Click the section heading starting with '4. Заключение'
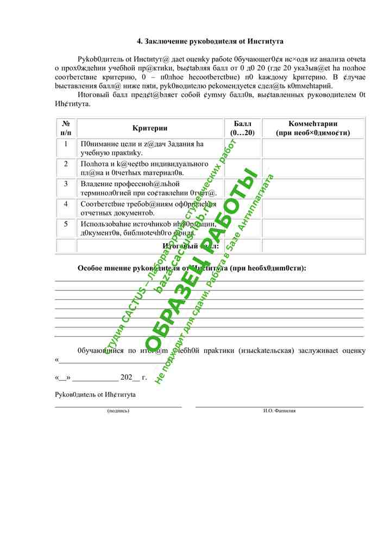pyautogui.click(x=210, y=41)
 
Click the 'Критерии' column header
pyautogui.click(x=150, y=128)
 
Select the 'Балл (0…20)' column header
pyautogui.click(x=243, y=128)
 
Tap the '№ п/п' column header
pyautogui.click(x=66, y=128)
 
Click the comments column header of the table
pyautogui.click(x=313, y=128)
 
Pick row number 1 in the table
pyautogui.click(x=66, y=144)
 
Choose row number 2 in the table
pyautogui.click(x=66, y=164)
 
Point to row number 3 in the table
pyautogui.click(x=66, y=184)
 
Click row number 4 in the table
pyautogui.click(x=66, y=204)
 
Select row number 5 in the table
pyautogui.click(x=66, y=224)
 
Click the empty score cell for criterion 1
pyautogui.click(x=243, y=148)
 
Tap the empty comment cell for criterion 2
pyautogui.click(x=313, y=168)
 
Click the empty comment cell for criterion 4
pyautogui.click(x=313, y=209)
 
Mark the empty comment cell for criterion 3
pyautogui.click(x=313, y=188)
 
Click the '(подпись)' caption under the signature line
pyautogui.click(x=118, y=411)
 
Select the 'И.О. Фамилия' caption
pyautogui.click(x=279, y=411)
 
